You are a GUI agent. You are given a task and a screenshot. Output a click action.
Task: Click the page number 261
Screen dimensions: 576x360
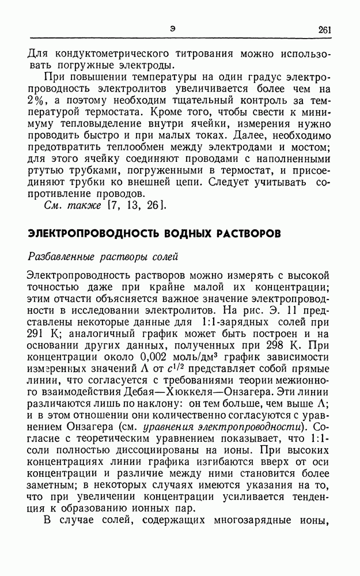click(x=324, y=30)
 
